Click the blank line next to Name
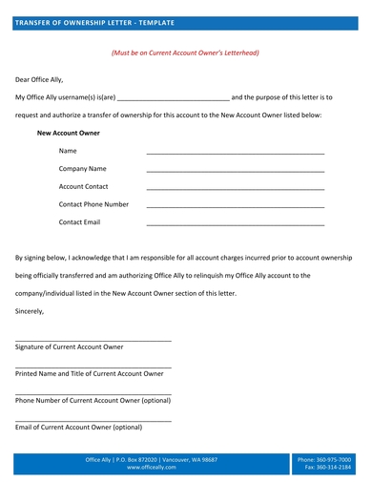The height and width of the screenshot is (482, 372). tap(235, 153)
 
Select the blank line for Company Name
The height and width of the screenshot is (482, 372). tap(235, 170)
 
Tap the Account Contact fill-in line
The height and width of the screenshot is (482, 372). tap(235, 188)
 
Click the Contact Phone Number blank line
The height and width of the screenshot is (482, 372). tap(235, 206)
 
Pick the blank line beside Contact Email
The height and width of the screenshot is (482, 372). tap(235, 224)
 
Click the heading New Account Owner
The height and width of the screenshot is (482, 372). tap(68, 133)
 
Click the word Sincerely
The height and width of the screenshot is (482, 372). tap(30, 311)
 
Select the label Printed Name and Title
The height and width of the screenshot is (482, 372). tap(76, 373)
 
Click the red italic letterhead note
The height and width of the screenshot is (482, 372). tap(186, 54)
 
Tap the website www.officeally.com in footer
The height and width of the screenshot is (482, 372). tap(152, 468)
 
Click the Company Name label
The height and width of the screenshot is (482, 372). tap(82, 169)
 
